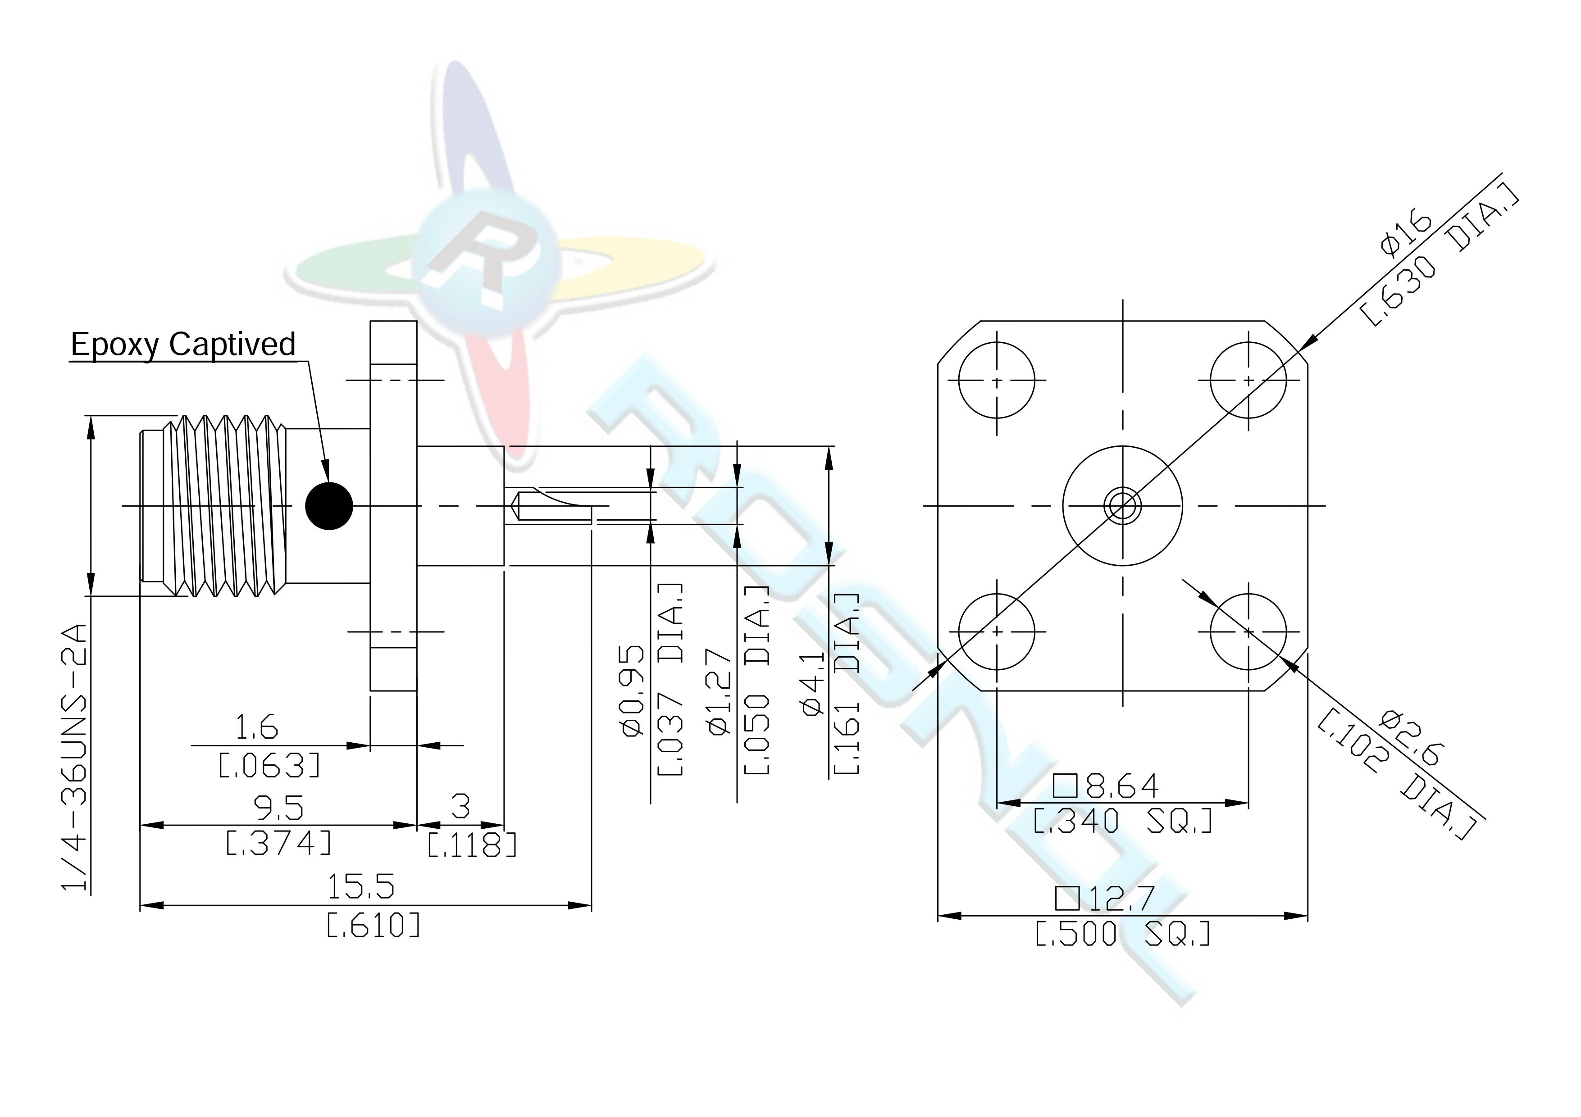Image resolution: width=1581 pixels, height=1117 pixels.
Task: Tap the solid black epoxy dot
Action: point(329,506)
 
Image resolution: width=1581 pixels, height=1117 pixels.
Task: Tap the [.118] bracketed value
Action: point(472,845)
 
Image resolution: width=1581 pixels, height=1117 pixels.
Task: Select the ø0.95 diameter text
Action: point(633,690)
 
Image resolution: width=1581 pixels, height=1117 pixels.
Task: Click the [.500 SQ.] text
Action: point(1123,934)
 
